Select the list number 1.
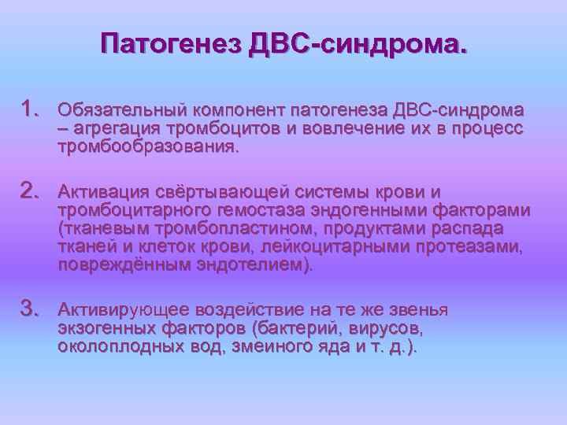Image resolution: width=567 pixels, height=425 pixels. (31, 107)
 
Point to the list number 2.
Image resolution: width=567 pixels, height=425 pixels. (31, 190)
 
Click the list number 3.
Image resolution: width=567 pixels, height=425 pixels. (31, 306)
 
